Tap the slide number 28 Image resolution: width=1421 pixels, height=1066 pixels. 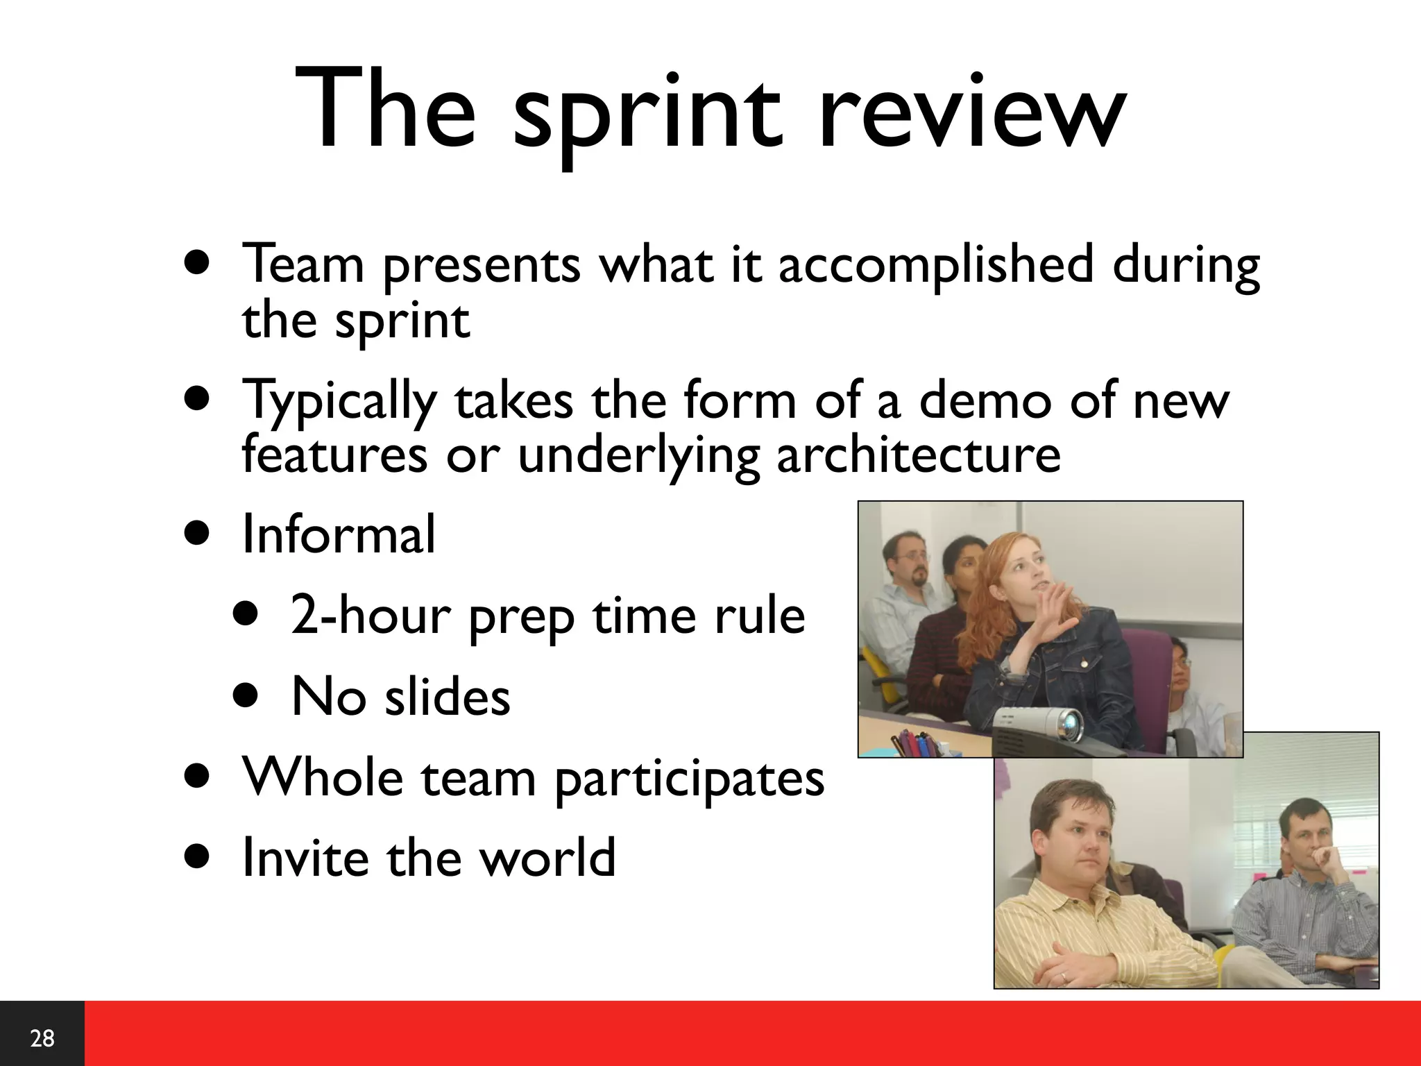pyautogui.click(x=42, y=1038)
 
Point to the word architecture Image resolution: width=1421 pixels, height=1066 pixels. pyautogui.click(x=918, y=455)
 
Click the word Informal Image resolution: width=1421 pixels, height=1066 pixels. pyautogui.click(x=339, y=534)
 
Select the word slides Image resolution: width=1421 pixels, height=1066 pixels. pyautogui.click(x=448, y=697)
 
